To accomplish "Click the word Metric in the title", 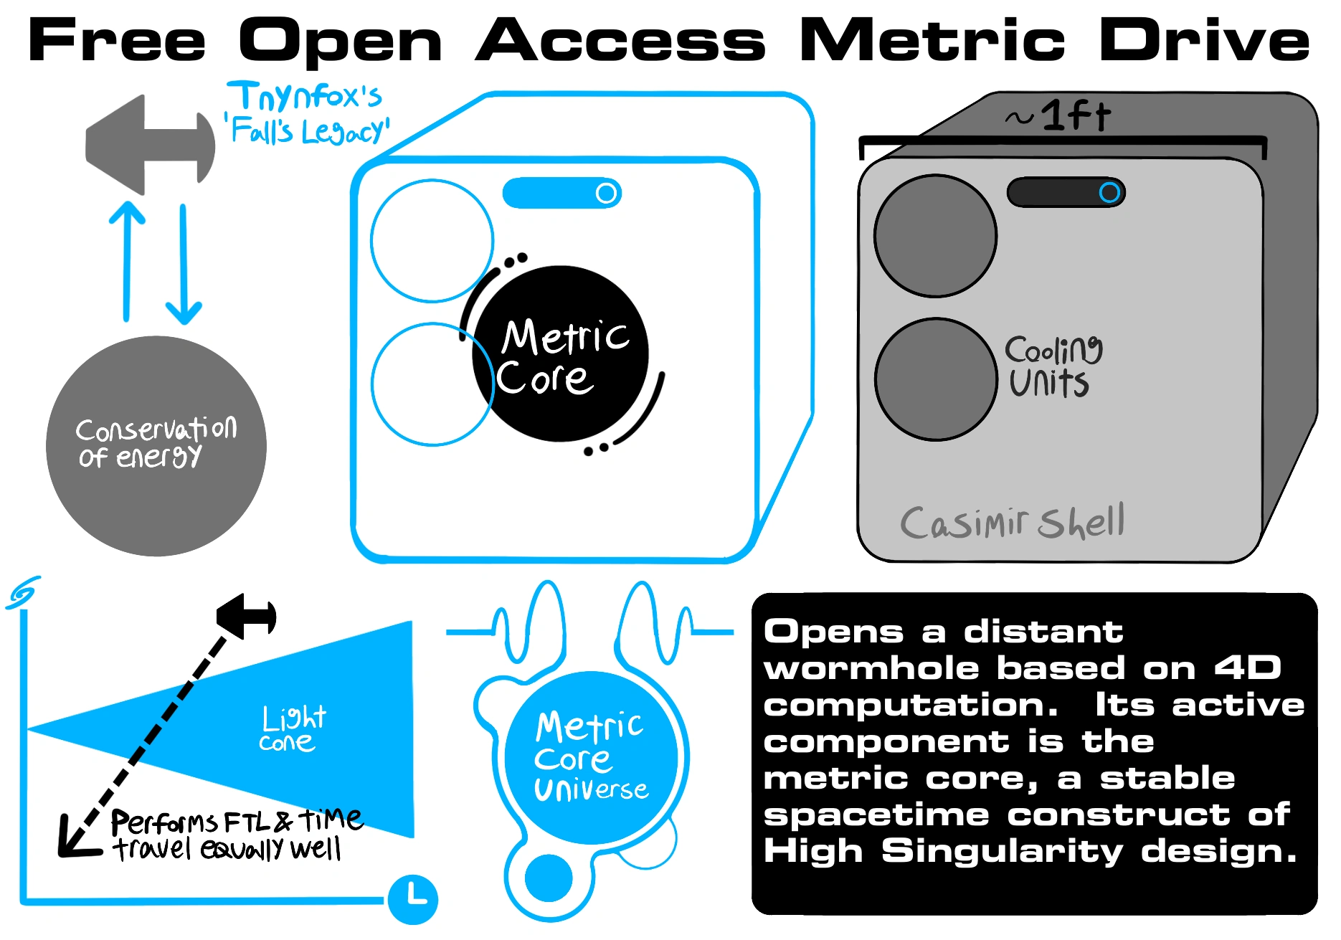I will click(932, 41).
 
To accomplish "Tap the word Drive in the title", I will click(1204, 41).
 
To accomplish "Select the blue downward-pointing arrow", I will click(184, 265).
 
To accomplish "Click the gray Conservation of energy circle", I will click(156, 446).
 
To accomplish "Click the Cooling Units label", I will click(1052, 366).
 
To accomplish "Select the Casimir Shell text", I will click(1012, 521).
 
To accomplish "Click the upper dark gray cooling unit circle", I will click(935, 236).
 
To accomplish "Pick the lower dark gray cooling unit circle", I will click(936, 379).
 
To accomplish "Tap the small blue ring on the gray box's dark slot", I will click(1109, 192).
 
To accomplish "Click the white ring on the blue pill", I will click(607, 193).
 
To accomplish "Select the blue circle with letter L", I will click(413, 899).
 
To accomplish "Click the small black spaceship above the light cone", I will click(247, 616).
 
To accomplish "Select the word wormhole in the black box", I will click(871, 668).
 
